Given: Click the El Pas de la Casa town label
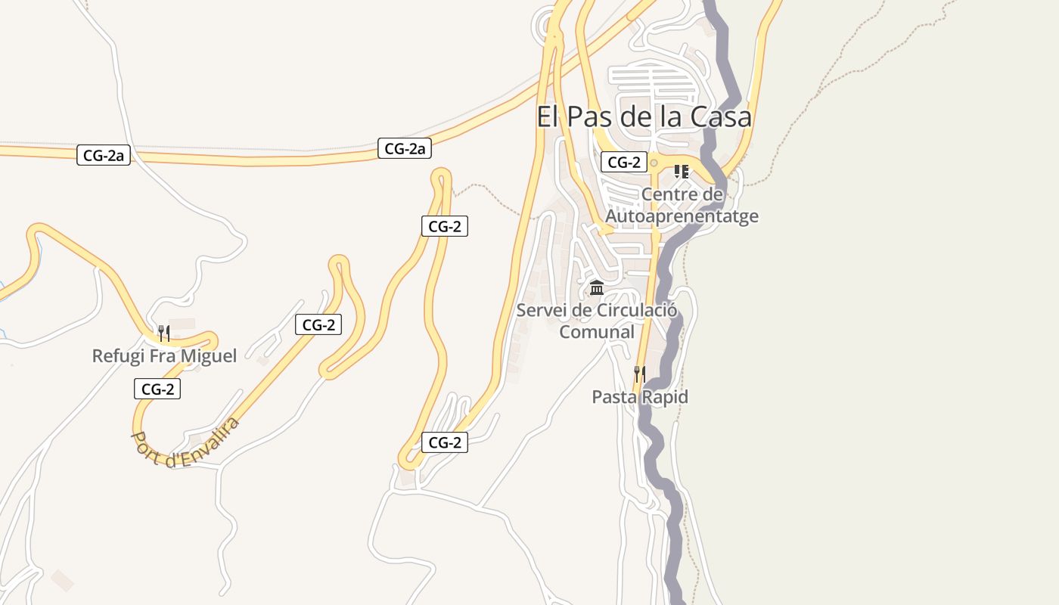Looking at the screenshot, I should point(644,117).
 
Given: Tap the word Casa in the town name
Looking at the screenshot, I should point(724,117).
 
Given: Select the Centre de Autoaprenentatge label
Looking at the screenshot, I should point(682,206).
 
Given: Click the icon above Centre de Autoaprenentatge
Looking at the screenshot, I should point(681,172).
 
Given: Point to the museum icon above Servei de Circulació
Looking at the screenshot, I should point(596,288).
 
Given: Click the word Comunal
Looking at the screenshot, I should point(596,332).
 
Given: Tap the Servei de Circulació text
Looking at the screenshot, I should point(596,310).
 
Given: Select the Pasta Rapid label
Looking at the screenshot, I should point(640,397).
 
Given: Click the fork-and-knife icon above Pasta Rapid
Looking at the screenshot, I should point(639,374).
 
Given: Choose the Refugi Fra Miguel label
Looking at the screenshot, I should point(164,355).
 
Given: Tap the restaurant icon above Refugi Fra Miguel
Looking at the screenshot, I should point(163,333).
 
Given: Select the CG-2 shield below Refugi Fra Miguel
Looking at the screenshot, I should point(157,389).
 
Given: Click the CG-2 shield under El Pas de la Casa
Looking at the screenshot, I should point(624,162).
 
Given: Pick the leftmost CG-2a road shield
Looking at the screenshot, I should point(104,156).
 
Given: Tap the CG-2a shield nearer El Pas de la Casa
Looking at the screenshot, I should point(405,149).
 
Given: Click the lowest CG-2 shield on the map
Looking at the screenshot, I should point(445,443).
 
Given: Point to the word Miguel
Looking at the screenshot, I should point(208,355).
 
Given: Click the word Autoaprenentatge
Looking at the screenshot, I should point(682,216).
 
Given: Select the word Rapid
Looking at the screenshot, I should point(666,397).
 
